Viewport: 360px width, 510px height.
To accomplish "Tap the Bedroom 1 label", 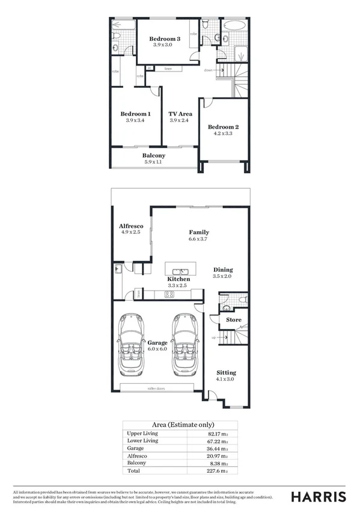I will pyautogui.click(x=135, y=114).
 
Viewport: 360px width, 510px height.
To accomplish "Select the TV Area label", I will pyautogui.click(x=180, y=114).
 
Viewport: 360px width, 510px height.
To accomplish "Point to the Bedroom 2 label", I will pyautogui.click(x=224, y=127).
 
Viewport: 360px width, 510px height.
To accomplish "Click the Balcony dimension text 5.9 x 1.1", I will pyautogui.click(x=154, y=162).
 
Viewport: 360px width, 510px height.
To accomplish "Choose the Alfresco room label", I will pyautogui.click(x=130, y=225).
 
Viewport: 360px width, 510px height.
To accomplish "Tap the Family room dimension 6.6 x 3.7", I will pyautogui.click(x=199, y=239).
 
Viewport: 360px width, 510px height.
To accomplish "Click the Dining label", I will pyautogui.click(x=222, y=269).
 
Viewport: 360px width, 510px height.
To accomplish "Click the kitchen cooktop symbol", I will pyautogui.click(x=169, y=294).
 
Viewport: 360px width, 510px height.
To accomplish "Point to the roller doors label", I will pyautogui.click(x=156, y=389).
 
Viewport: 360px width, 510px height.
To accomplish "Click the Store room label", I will pyautogui.click(x=233, y=320).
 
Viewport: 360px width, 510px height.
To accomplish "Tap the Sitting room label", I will pyautogui.click(x=226, y=373).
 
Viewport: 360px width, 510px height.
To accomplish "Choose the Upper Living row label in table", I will pyautogui.click(x=142, y=433).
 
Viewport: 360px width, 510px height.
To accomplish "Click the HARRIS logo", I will pyautogui.click(x=319, y=497).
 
